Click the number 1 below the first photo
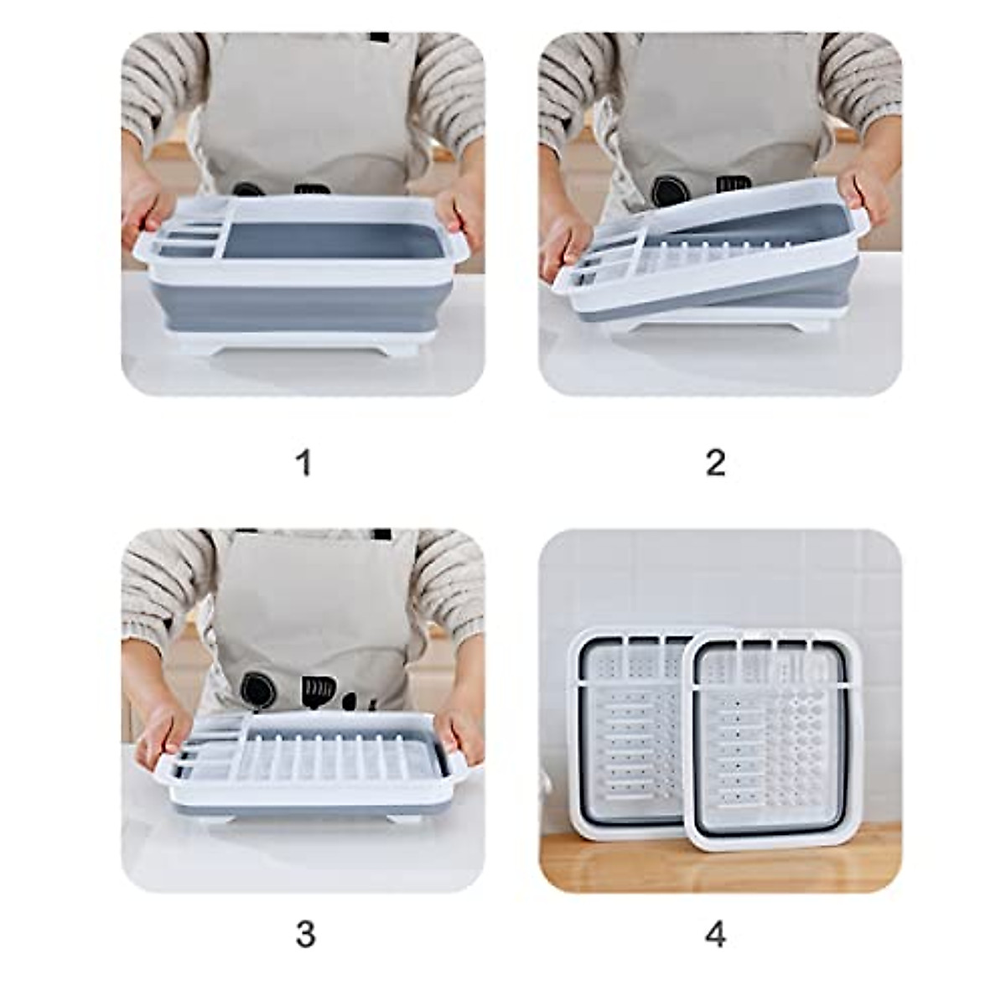pyautogui.click(x=304, y=462)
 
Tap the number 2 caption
pyautogui.click(x=715, y=462)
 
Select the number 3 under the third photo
pyautogui.click(x=305, y=935)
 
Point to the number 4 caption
pyautogui.click(x=715, y=935)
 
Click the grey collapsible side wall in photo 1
pyautogui.click(x=302, y=305)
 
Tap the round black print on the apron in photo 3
pyautogui.click(x=256, y=689)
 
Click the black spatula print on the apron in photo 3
pyautogui.click(x=319, y=691)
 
